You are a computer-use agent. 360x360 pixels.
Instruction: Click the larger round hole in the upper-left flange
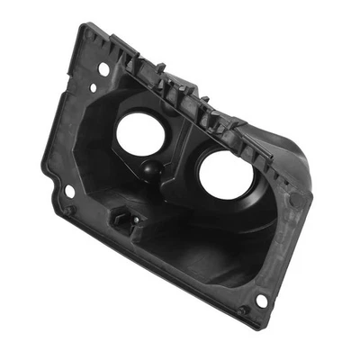click(104, 68)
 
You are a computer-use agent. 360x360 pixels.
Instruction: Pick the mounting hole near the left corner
click(69, 191)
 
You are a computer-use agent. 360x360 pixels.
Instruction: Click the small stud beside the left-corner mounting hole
click(67, 210)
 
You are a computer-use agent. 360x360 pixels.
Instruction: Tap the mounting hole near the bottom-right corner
click(261, 300)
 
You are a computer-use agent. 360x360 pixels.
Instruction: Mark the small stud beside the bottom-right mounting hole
click(243, 310)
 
